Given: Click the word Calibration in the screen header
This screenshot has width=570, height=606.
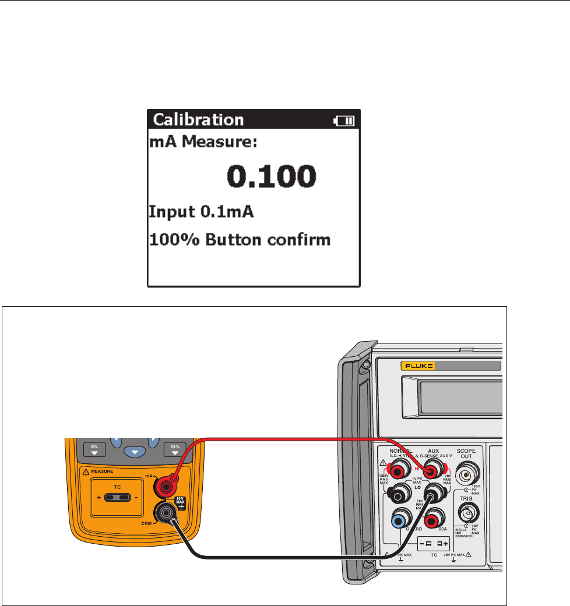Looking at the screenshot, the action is coord(198,121).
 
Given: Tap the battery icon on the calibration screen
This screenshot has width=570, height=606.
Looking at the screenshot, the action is coord(344,121).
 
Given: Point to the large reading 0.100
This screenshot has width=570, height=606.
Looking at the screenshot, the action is coord(271,176).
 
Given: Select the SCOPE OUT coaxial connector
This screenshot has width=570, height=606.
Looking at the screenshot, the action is coord(466,475).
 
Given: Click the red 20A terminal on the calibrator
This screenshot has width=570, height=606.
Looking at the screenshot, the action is coord(434,517).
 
